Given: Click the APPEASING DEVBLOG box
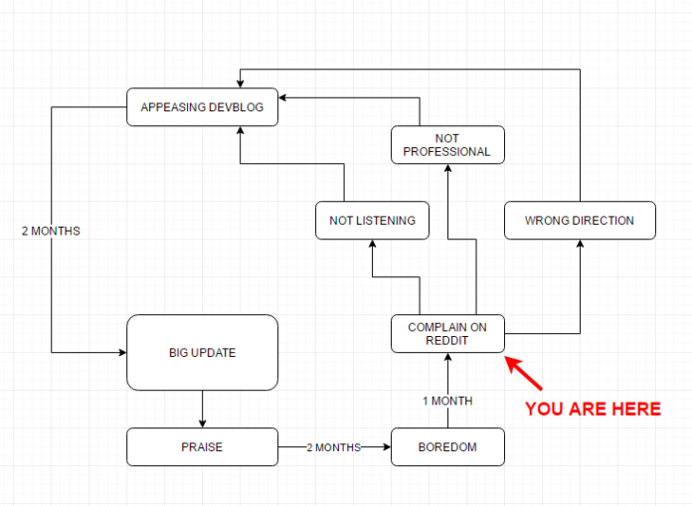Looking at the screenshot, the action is click(x=202, y=107).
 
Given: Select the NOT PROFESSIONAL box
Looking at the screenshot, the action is click(x=447, y=145).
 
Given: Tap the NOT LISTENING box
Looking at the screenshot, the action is click(x=372, y=220).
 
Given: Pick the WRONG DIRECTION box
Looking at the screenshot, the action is click(x=580, y=220).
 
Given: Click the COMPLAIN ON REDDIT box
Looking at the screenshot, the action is click(x=447, y=333).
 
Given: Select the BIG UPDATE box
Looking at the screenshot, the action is click(x=202, y=353).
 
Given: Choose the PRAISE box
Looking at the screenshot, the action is click(x=202, y=447).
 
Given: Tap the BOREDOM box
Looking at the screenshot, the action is click(x=447, y=447).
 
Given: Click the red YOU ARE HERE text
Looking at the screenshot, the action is click(x=593, y=409).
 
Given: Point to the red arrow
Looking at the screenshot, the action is click(x=523, y=373).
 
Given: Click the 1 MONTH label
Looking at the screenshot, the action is click(x=447, y=401).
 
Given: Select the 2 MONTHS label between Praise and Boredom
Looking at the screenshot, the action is click(x=334, y=447).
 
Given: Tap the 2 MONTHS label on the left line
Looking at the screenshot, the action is click(x=51, y=232).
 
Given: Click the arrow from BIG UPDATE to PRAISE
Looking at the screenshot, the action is click(x=202, y=409).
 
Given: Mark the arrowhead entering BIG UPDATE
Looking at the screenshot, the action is click(x=122, y=353).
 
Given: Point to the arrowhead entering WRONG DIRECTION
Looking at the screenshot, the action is click(x=580, y=244).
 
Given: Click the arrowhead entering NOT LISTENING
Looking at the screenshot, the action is click(x=372, y=244).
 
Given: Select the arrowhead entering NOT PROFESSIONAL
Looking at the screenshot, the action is click(x=447, y=168).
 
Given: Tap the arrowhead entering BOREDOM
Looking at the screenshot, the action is click(x=387, y=447).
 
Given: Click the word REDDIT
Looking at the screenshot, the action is click(x=446, y=341).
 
